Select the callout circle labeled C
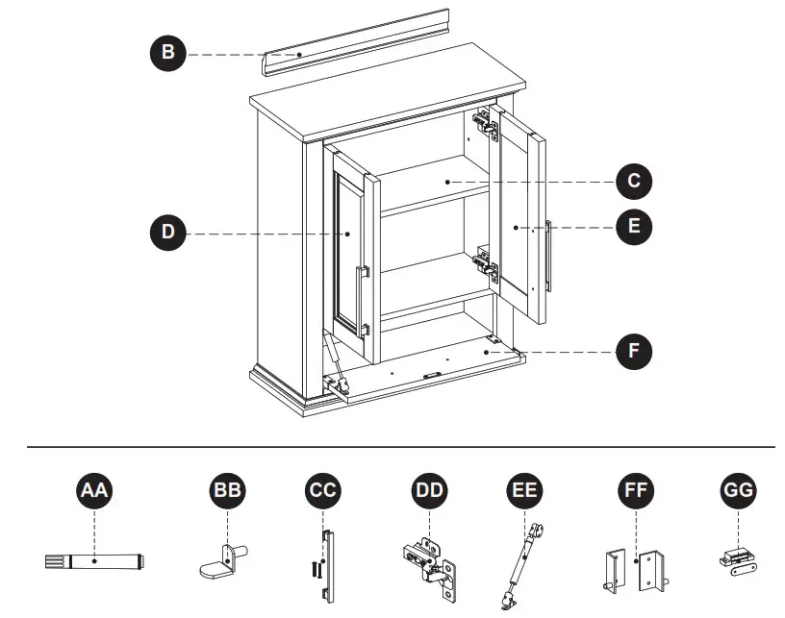coord(633,181)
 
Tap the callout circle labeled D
coord(167,232)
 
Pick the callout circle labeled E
coord(633,227)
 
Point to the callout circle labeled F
coord(633,351)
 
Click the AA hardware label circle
coord(94,492)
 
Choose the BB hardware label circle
coord(227,492)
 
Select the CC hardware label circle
coord(322,492)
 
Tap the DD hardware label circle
coord(429,492)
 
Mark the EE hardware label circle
coord(523,492)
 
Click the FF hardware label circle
coord(633,492)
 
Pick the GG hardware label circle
coord(738,492)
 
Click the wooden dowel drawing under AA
coord(93,561)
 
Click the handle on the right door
coord(548,256)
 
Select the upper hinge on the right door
coord(486,123)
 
